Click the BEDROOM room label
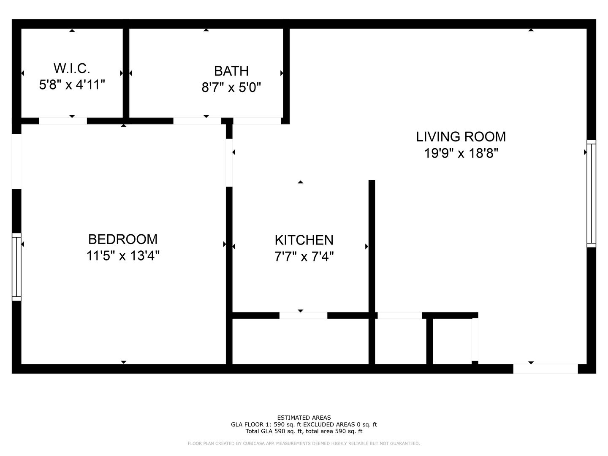[x=123, y=239]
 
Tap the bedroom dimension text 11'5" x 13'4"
[x=123, y=256]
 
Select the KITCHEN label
[x=304, y=240]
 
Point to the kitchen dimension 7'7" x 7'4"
[x=304, y=257]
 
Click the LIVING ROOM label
[x=461, y=137]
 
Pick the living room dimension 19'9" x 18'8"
[x=461, y=153]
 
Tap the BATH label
[x=231, y=71]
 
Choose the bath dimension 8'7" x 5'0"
[x=231, y=88]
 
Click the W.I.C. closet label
[x=72, y=68]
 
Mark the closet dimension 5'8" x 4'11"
[x=72, y=85]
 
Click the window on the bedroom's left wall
[x=16, y=267]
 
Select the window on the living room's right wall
[x=591, y=193]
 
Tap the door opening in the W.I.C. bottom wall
[x=63, y=121]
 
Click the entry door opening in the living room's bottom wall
[x=546, y=369]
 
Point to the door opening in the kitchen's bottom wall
[x=303, y=315]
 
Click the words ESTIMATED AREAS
[x=304, y=418]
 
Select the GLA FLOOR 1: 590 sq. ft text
[x=266, y=425]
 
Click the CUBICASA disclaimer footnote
[x=304, y=444]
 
